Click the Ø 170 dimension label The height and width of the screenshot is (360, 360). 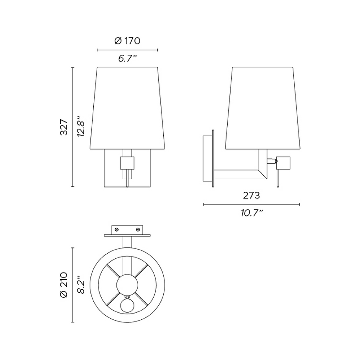point(127,41)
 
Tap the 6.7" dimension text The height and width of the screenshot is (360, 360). point(127,59)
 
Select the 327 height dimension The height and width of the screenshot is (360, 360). point(64,127)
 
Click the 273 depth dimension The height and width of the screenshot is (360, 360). point(251,195)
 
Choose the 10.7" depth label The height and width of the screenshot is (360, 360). point(251,213)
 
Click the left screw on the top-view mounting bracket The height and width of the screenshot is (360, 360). point(117,229)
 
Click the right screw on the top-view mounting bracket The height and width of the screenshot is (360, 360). point(137,229)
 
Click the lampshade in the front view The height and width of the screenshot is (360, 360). point(127,107)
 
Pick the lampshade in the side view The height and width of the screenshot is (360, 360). point(263,107)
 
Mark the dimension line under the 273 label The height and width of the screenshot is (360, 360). point(251,204)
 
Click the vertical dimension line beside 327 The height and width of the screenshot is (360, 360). point(73,127)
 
